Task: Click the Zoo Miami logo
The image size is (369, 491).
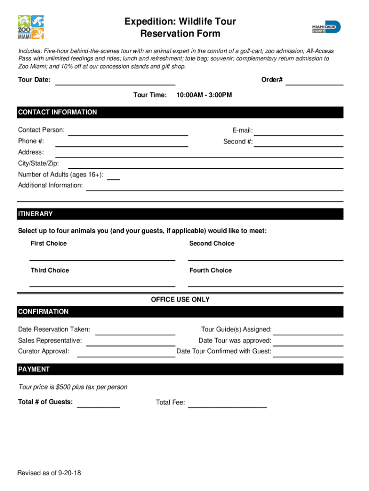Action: [x=31, y=27]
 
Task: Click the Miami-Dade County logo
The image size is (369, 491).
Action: [x=326, y=27]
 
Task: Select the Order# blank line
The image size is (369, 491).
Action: [x=314, y=82]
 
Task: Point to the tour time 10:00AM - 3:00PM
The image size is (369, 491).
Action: [x=204, y=95]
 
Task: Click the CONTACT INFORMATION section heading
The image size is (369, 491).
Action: [x=58, y=112]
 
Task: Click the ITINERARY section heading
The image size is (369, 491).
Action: [x=35, y=214]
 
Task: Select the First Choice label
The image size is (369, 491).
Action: [x=49, y=244]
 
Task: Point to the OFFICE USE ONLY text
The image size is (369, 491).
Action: [x=180, y=300]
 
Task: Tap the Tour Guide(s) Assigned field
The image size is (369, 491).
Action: [x=308, y=331]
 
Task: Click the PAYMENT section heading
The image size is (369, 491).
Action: [x=34, y=369]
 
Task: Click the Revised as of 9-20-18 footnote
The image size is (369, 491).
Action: [x=49, y=473]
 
